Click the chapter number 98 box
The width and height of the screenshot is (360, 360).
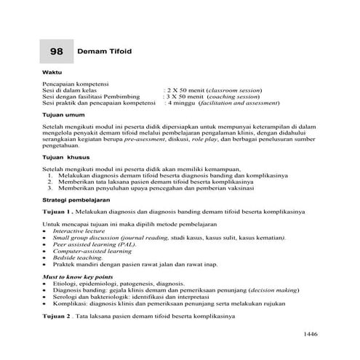click(x=57, y=52)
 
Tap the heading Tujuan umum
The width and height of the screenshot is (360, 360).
click(x=64, y=114)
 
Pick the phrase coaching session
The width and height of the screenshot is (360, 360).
click(x=232, y=97)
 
